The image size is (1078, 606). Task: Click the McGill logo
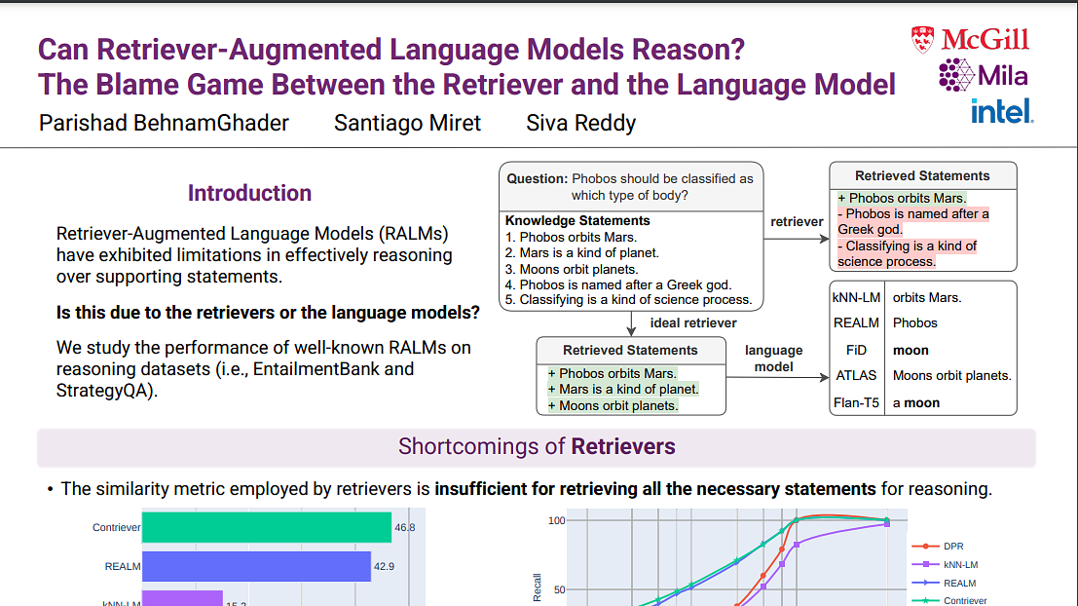(971, 40)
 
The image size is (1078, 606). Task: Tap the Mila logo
(983, 75)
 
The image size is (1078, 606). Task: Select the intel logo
(1002, 111)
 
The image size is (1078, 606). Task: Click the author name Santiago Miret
(407, 124)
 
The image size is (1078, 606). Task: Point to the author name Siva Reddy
(580, 124)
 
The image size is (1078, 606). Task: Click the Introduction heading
(249, 193)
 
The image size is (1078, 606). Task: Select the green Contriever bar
(267, 527)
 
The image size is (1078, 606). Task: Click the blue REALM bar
(256, 566)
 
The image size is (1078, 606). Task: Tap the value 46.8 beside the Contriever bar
(405, 527)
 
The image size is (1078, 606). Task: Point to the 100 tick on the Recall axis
(556, 520)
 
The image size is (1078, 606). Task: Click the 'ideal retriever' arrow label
(693, 322)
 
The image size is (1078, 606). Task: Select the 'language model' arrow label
(774, 358)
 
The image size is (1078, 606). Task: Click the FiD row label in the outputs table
(857, 350)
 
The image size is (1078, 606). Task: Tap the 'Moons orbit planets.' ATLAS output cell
(951, 375)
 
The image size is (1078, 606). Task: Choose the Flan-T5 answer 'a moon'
(916, 402)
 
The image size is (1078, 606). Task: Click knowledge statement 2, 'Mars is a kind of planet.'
(581, 253)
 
